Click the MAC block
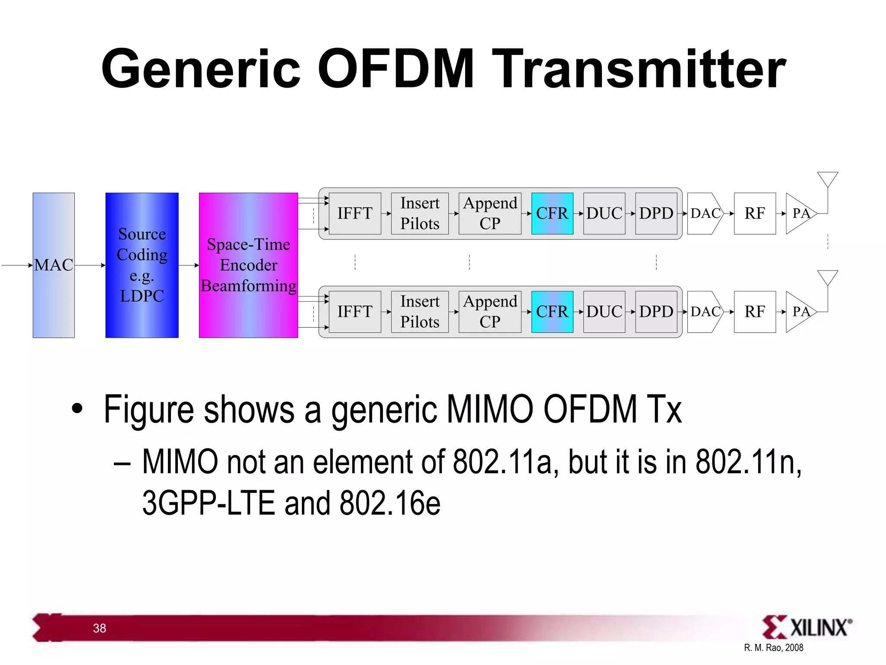coord(54,265)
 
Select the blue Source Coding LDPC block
coord(142,265)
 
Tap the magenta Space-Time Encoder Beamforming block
coord(248,265)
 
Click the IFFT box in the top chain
coord(355,213)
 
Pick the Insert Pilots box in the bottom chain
coord(420,312)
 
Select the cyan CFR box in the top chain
coord(552,213)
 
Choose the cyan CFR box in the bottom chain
coord(552,312)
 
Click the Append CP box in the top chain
coord(490,213)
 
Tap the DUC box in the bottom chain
coord(604,312)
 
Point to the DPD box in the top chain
coord(656,213)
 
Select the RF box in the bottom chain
coord(754,312)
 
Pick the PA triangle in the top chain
coord(799,213)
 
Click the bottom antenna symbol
coord(827,278)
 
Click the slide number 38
coord(100,628)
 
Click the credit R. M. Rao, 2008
coord(774,648)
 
